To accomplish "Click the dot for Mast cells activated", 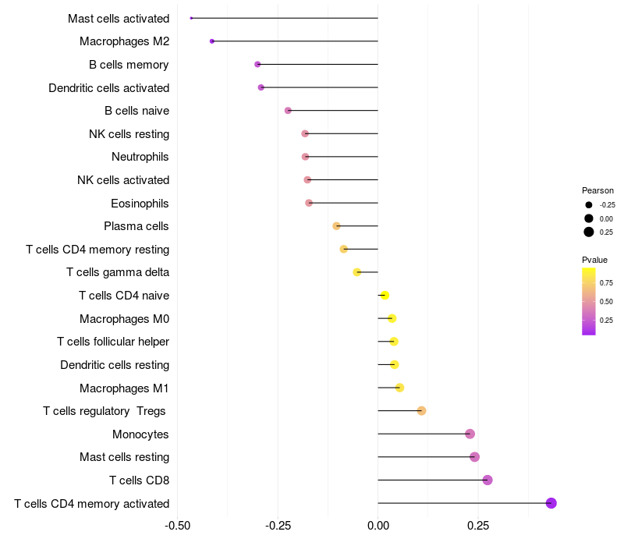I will (x=191, y=18).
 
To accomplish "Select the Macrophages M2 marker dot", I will (x=212, y=41).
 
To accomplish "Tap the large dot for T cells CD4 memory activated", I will (x=551, y=503).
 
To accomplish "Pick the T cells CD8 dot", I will (x=487, y=480).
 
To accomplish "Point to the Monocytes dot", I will (x=470, y=434).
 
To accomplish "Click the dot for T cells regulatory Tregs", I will (x=422, y=411).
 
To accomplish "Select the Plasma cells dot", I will (x=336, y=226).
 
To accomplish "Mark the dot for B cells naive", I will (x=288, y=111).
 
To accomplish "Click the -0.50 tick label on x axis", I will (x=178, y=526).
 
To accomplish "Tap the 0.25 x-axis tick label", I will (x=478, y=526).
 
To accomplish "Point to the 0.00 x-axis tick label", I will (x=378, y=526).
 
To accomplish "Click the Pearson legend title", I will (x=597, y=190).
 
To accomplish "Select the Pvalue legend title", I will (x=594, y=260).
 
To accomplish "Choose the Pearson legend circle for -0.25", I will (x=589, y=204).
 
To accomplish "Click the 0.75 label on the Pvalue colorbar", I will (x=606, y=282).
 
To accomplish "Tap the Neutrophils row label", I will (x=140, y=157).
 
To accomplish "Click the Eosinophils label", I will (x=140, y=204).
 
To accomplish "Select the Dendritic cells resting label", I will (x=115, y=365).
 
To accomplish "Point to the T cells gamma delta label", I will (x=118, y=272).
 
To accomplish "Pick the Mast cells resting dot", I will (x=474, y=457).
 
